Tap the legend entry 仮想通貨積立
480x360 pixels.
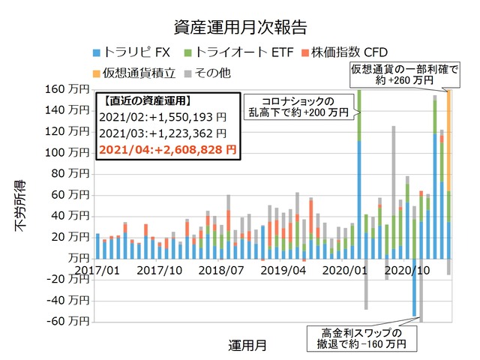coord(143,73)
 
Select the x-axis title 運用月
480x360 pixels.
coord(247,346)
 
